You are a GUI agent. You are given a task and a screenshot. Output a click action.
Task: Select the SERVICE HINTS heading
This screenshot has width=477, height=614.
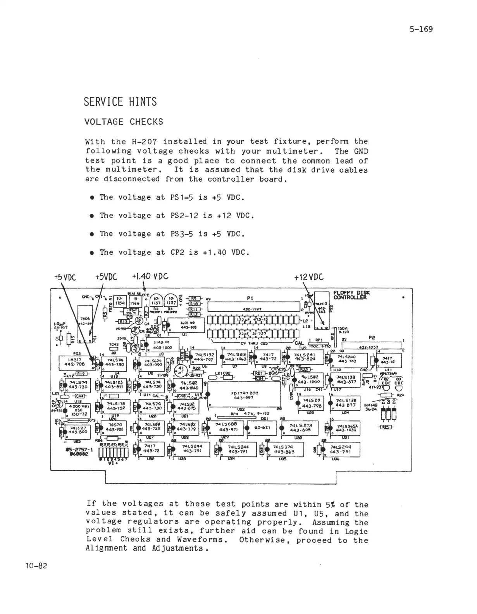(x=120, y=102)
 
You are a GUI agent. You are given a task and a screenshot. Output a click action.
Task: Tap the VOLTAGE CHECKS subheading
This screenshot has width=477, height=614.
(x=124, y=122)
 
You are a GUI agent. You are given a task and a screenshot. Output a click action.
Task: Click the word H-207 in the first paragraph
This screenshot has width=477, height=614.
(x=146, y=142)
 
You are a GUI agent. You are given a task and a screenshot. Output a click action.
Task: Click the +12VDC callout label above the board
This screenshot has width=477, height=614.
(x=308, y=277)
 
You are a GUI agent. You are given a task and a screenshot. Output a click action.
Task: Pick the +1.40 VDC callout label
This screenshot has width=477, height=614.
(x=150, y=277)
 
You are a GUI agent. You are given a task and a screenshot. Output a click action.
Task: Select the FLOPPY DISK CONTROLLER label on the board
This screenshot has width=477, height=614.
(x=351, y=295)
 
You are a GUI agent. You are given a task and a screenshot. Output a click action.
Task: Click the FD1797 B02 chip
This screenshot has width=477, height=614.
(x=244, y=395)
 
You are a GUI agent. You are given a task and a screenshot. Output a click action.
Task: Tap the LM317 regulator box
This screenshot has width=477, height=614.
(x=74, y=362)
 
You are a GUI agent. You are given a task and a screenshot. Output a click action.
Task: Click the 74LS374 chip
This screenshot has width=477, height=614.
(x=284, y=449)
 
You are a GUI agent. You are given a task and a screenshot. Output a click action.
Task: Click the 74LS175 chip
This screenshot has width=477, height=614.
(x=115, y=406)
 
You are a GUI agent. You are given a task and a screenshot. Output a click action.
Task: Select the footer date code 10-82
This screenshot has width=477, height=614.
(x=36, y=566)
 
